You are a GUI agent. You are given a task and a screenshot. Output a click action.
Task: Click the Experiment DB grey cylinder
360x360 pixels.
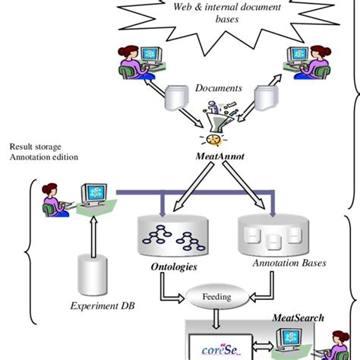click(93, 273)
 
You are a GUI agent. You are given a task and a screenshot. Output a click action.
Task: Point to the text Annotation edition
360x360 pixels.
click(44, 158)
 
